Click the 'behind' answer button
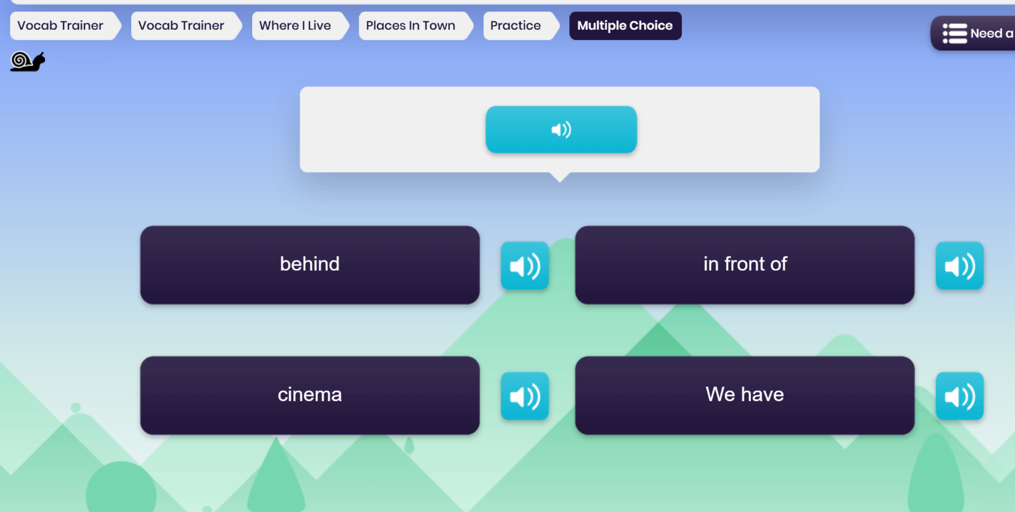point(310,265)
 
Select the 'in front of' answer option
point(745,265)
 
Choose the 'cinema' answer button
point(310,395)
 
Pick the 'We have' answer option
point(745,395)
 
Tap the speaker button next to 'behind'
point(525,266)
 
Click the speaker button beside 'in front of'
point(960,266)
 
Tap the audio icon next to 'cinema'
point(525,396)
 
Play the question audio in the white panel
point(561,129)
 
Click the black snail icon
point(28,61)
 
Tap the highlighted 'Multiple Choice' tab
point(625,26)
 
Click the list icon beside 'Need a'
point(955,34)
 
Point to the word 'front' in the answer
point(745,264)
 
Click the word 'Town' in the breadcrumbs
point(439,26)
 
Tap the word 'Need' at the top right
point(986,34)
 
